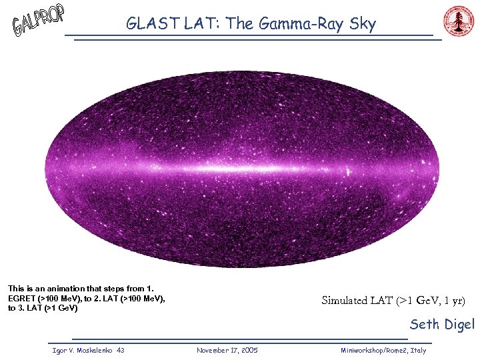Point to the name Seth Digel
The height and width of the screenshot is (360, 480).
[442, 325]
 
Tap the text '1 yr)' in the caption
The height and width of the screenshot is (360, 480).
[452, 300]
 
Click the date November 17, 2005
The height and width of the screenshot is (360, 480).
[227, 350]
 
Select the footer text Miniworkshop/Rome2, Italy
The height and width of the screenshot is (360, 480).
[383, 350]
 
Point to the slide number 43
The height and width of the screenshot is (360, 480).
[120, 350]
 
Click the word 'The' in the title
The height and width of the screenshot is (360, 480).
[241, 25]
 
